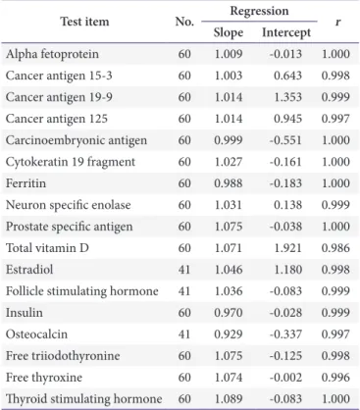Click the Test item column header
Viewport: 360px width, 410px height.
(x=84, y=22)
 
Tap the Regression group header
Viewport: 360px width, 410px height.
(x=259, y=11)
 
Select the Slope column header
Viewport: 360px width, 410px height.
(x=229, y=32)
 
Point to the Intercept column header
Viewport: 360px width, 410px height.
(x=286, y=32)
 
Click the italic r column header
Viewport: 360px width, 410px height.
(x=337, y=23)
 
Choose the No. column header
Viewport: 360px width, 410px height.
(x=184, y=22)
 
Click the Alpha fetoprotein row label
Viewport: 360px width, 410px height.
(x=52, y=54)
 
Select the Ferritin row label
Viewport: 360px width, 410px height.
(x=26, y=183)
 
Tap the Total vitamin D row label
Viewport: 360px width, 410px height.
(x=47, y=248)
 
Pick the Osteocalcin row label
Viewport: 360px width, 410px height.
(x=36, y=334)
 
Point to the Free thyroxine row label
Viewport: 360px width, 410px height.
(x=44, y=378)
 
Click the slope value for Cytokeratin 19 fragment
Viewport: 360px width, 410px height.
(x=229, y=162)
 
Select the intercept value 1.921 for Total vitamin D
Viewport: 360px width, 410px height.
(x=287, y=248)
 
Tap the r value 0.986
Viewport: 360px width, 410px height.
(x=335, y=248)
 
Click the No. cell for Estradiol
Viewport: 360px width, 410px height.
(x=184, y=270)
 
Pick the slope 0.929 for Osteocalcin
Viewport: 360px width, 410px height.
(x=229, y=334)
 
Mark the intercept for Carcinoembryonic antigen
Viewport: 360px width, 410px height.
(x=285, y=140)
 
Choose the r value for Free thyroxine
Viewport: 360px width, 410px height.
(x=335, y=378)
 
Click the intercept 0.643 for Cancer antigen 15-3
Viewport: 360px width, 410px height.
(x=287, y=76)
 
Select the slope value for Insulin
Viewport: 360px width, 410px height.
(x=229, y=313)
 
